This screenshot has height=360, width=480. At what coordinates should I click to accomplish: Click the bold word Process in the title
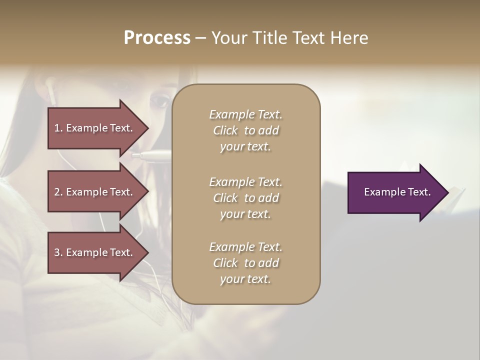(157, 37)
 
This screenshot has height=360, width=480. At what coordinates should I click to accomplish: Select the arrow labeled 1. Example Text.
(95, 128)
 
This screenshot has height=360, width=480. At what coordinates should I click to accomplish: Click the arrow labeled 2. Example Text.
(95, 192)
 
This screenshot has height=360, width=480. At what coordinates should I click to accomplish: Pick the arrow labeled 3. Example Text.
(95, 252)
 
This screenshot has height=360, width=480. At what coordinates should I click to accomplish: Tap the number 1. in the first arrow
(58, 128)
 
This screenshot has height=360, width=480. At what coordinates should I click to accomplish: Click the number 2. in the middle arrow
(58, 192)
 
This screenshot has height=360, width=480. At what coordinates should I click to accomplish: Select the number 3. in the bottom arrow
(58, 252)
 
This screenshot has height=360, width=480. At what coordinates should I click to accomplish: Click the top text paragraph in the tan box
(245, 130)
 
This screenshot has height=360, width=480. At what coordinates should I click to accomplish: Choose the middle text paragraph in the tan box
(245, 198)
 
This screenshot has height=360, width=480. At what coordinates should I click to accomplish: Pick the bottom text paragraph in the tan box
(245, 263)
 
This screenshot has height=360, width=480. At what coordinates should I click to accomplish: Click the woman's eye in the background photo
(159, 101)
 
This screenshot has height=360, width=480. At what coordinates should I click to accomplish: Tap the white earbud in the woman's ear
(51, 92)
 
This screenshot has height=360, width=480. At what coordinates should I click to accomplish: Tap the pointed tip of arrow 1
(148, 128)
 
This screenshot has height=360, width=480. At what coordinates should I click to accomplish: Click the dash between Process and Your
(200, 38)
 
